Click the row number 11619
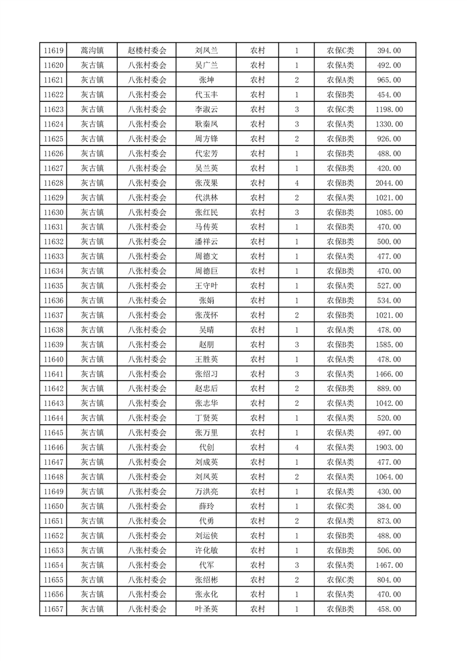click(53, 51)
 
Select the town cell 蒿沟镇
click(92, 51)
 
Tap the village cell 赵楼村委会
click(147, 51)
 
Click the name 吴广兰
click(206, 65)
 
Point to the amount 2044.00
click(389, 183)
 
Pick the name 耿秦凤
click(206, 124)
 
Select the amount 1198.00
click(389, 110)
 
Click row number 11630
click(53, 213)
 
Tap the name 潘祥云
click(206, 242)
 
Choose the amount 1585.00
click(389, 345)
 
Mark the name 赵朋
click(206, 345)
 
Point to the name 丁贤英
click(206, 418)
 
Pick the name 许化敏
click(206, 550)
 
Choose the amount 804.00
click(389, 580)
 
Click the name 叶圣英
click(206, 609)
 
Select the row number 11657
click(53, 609)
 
